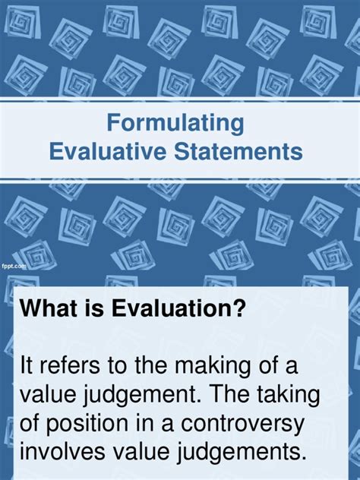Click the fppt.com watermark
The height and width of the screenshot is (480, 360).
click(x=14, y=267)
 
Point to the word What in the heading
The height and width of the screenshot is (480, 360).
click(x=49, y=310)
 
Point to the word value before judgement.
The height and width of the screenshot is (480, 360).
click(x=49, y=396)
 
